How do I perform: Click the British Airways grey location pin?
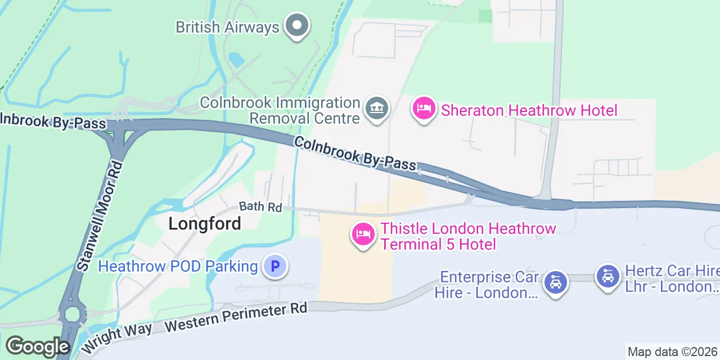[x=296, y=25]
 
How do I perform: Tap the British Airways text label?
[x=227, y=27]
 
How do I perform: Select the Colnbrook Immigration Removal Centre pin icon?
[x=376, y=108]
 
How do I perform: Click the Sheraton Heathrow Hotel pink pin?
[x=424, y=108]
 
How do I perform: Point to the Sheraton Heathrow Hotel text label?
[x=529, y=110]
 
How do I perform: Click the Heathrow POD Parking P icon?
[x=275, y=266]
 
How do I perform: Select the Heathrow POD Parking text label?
[x=178, y=266]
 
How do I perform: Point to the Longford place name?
[x=205, y=224]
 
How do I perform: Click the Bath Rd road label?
[x=260, y=207]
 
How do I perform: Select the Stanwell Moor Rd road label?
[x=100, y=216]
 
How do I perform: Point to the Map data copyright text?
[x=673, y=352]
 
